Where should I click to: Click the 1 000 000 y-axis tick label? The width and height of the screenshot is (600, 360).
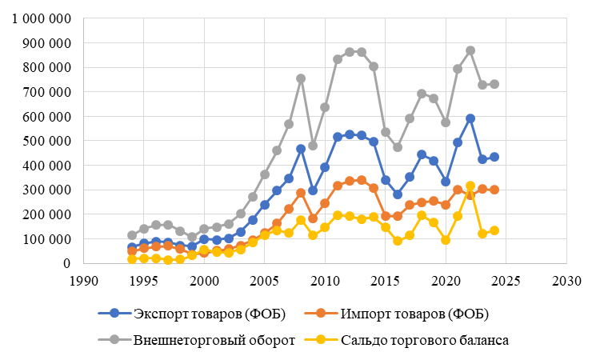[x=38, y=18]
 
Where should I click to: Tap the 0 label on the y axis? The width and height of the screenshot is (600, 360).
[x=67, y=263]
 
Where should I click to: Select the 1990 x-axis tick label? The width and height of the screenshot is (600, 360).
[x=83, y=281]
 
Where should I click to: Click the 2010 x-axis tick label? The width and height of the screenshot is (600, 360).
[x=325, y=281]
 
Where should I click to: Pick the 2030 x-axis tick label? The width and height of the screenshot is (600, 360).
[x=566, y=281]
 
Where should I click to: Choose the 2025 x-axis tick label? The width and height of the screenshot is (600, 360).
[x=506, y=281]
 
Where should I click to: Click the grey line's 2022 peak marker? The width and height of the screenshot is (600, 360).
[x=470, y=50]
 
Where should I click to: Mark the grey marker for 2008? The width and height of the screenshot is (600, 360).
[x=301, y=78]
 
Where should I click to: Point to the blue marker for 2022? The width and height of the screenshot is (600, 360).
[x=470, y=118]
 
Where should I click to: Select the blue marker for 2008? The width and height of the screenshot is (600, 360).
[x=301, y=149]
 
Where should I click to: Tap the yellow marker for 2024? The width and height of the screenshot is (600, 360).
[x=494, y=230]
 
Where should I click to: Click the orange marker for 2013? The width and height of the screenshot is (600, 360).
[x=361, y=180]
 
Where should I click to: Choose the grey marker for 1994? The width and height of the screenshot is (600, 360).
[x=132, y=235]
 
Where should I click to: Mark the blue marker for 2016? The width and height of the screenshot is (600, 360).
[x=397, y=194]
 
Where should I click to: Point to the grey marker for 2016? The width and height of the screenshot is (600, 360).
[x=397, y=147]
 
